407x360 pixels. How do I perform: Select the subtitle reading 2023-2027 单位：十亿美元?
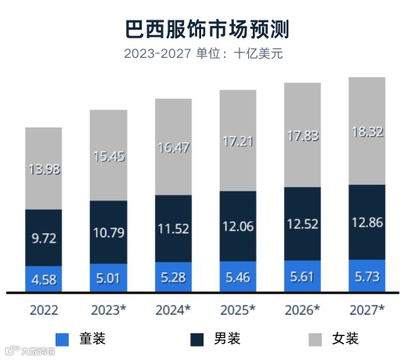(x=203, y=54)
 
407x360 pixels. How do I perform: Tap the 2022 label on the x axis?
(x=44, y=311)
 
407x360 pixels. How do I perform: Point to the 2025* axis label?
(x=238, y=311)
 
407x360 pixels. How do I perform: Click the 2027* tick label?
(x=366, y=311)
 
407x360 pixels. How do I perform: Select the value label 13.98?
(x=44, y=169)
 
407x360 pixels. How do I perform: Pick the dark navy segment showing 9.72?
(x=44, y=238)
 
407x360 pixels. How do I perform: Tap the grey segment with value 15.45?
(x=109, y=155)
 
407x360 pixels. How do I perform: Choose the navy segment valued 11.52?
(x=173, y=229)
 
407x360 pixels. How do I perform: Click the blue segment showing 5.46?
(x=238, y=277)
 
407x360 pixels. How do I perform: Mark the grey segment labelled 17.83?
(x=302, y=135)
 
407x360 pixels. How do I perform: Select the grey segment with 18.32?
(x=366, y=131)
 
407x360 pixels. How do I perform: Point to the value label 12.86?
(x=366, y=223)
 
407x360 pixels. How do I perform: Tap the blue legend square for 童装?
(x=63, y=339)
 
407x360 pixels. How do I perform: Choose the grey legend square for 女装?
(x=315, y=339)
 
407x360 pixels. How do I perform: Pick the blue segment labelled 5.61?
(x=302, y=276)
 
